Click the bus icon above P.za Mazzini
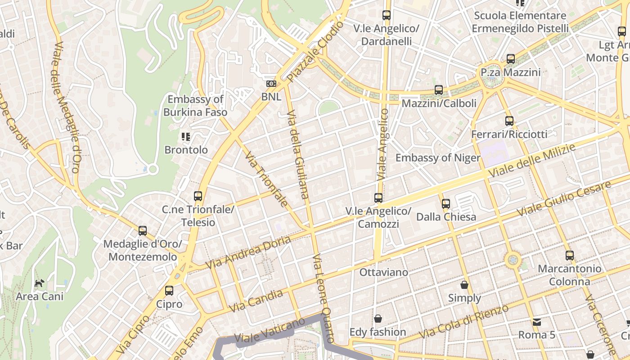[x=510, y=59]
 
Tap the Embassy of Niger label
[x=437, y=158]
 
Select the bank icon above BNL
[x=271, y=84]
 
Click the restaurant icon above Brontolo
[x=186, y=136]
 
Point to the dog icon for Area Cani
[x=40, y=283]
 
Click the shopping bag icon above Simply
[x=464, y=285]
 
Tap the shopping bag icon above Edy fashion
[x=378, y=319]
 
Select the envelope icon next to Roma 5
[x=537, y=322]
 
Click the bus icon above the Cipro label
[x=169, y=291]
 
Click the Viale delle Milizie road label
[x=532, y=161]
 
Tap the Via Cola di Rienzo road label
[x=463, y=322]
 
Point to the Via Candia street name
[x=256, y=301]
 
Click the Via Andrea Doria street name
[x=248, y=253]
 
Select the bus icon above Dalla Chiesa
[x=445, y=203]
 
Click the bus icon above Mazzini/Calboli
[x=439, y=90]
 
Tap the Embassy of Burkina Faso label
[x=195, y=106]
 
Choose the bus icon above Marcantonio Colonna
[x=570, y=256]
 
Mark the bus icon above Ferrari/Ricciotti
[x=509, y=121]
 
